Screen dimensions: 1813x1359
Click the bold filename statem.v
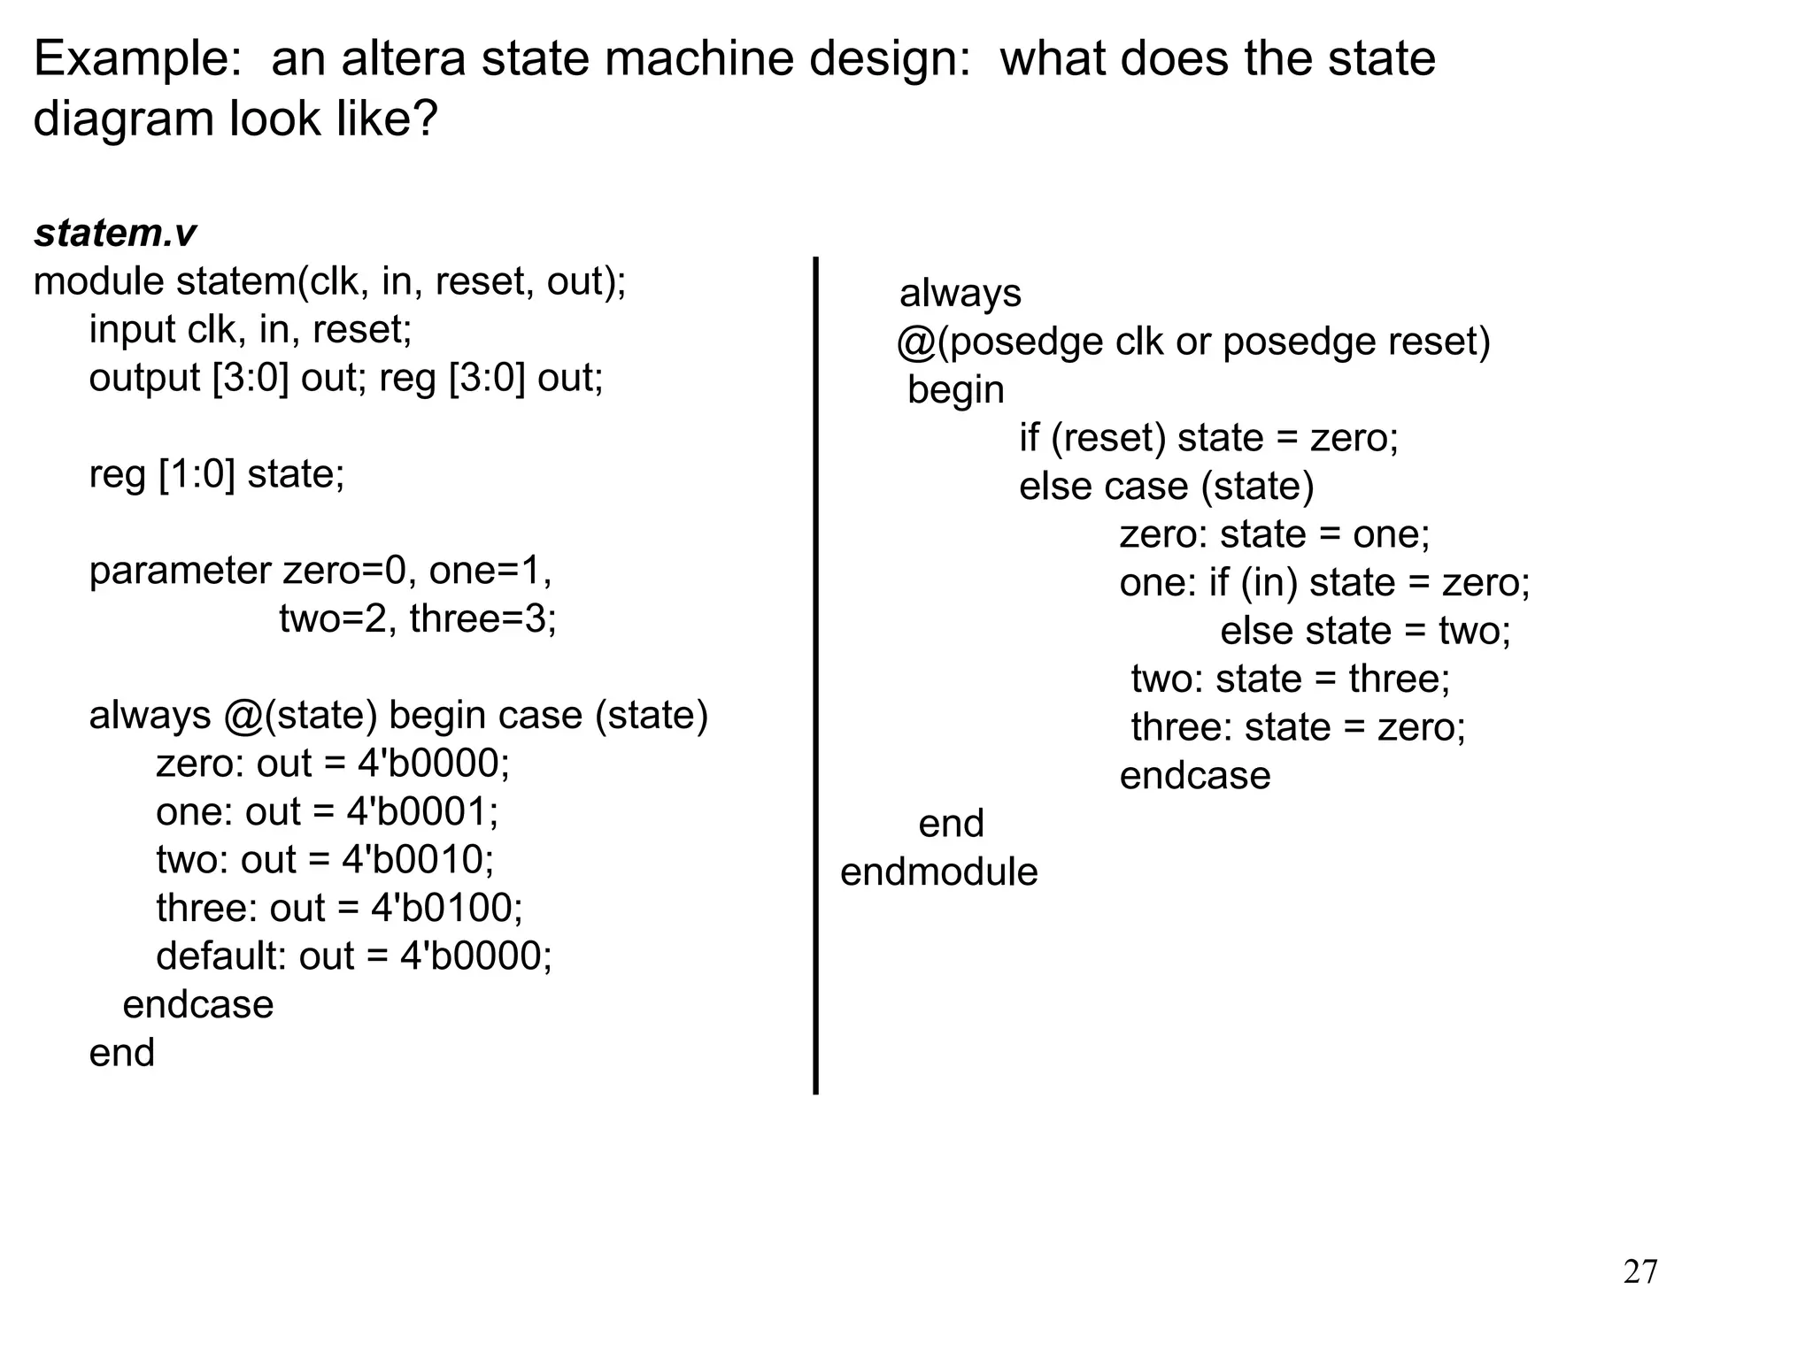[x=115, y=234]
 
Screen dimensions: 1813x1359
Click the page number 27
[x=1640, y=1272]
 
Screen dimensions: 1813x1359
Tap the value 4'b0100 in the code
[x=446, y=908]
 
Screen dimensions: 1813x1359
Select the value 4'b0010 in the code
[x=417, y=859]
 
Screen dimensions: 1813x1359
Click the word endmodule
[x=938, y=872]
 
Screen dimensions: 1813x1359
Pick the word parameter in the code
[x=180, y=571]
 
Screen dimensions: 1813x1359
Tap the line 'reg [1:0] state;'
[x=217, y=474]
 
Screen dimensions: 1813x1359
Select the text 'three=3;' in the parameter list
[x=483, y=618]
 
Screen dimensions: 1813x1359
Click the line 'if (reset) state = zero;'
[x=1208, y=438]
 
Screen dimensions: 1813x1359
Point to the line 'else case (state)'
[x=1166, y=487]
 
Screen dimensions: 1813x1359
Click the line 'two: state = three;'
[x=1290, y=679]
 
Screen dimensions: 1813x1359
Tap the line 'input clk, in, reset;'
[x=251, y=330]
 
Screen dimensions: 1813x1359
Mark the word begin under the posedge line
[x=956, y=390]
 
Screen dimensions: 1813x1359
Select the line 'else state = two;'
[x=1365, y=631]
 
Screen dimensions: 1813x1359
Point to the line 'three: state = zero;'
[x=1298, y=727]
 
